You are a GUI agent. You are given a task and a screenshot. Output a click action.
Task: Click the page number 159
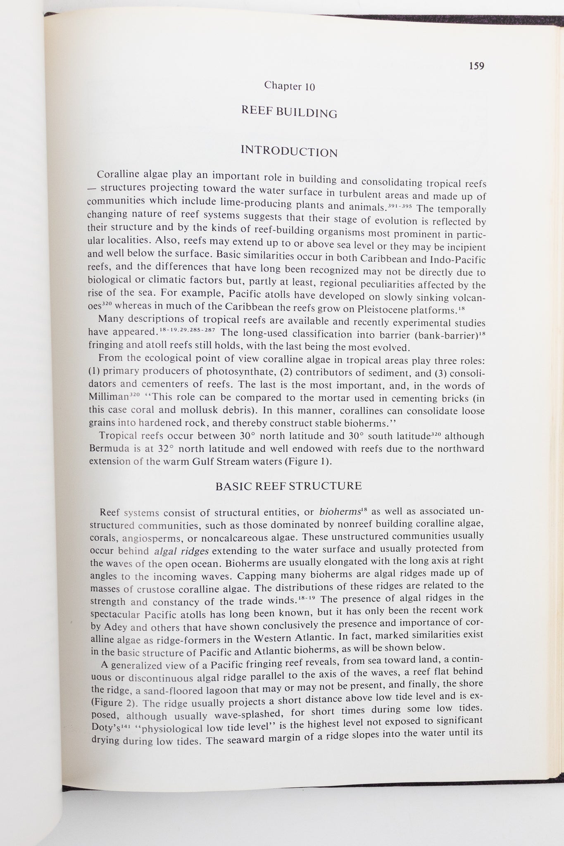tap(476, 66)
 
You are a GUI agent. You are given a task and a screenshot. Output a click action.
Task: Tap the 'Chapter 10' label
tap(289, 86)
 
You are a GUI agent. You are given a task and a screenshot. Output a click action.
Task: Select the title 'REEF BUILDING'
tap(289, 112)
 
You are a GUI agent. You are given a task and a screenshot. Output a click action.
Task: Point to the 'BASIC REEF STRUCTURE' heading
tap(288, 486)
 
